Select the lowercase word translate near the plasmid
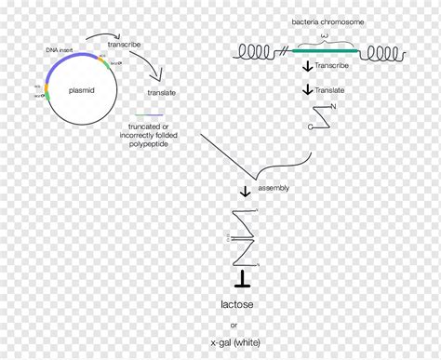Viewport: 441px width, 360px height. pos(162,93)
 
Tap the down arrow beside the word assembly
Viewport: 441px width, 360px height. pos(246,192)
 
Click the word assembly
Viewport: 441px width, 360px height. pos(274,188)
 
